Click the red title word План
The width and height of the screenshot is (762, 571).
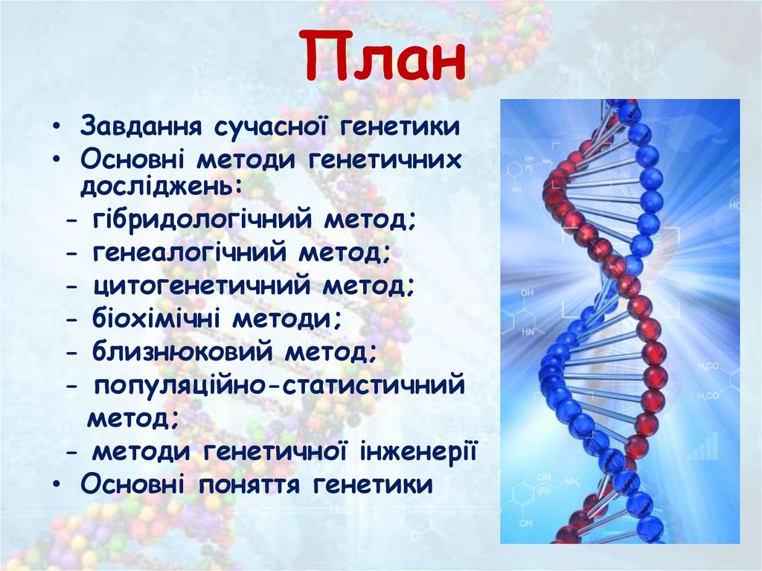coord(385,57)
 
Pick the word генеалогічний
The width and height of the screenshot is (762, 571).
coord(190,255)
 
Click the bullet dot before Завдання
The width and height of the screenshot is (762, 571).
coord(57,126)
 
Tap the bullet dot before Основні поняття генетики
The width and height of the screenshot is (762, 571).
coord(57,485)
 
